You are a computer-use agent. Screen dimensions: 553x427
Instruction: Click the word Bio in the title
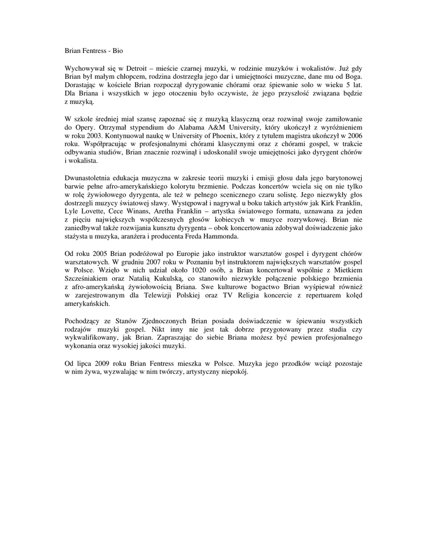click(x=118, y=51)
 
